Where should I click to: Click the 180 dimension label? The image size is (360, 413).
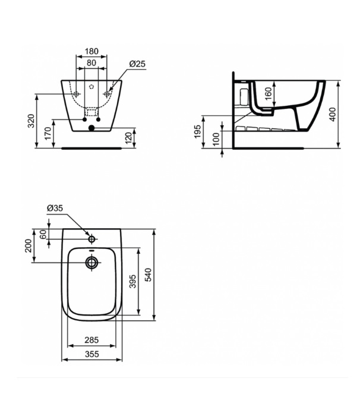(x=91, y=51)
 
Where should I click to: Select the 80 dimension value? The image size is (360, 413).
(x=91, y=63)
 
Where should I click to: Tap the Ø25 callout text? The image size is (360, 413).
(x=137, y=64)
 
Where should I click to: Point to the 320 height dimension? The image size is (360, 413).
(x=31, y=121)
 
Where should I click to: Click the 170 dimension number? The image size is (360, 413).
(x=48, y=133)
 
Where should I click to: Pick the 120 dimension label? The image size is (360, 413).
(x=128, y=138)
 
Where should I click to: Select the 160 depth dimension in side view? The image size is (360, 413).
(x=268, y=94)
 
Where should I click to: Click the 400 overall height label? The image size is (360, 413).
(x=333, y=114)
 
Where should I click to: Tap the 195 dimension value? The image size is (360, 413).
(x=197, y=131)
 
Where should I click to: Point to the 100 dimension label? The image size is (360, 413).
(x=216, y=139)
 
